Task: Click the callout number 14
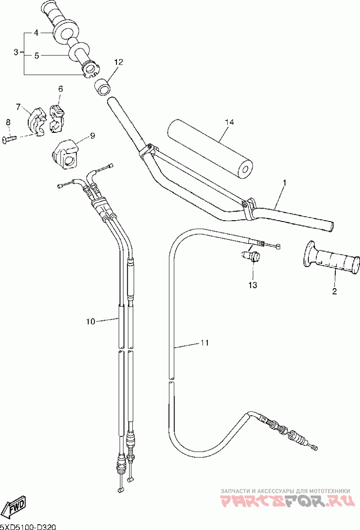point(229,122)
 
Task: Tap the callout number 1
point(284,183)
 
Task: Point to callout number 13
point(252,285)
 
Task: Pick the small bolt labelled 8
point(9,138)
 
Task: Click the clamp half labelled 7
point(36,121)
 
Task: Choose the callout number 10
point(90,322)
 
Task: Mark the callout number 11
point(204,343)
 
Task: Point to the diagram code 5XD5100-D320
point(28,526)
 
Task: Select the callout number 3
point(16,52)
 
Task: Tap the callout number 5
point(37,56)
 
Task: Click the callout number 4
point(36,33)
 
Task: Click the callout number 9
point(92,136)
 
